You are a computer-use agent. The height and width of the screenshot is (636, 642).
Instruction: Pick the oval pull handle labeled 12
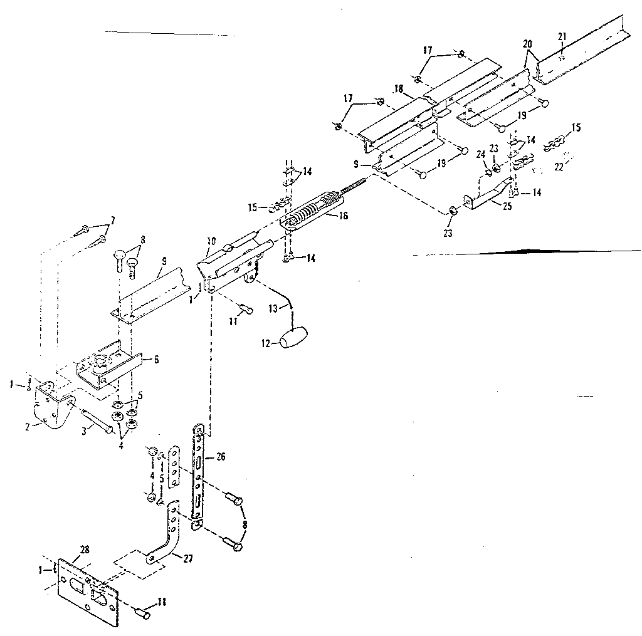click(297, 338)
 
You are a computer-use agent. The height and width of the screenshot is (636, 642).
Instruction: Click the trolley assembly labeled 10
click(232, 263)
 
